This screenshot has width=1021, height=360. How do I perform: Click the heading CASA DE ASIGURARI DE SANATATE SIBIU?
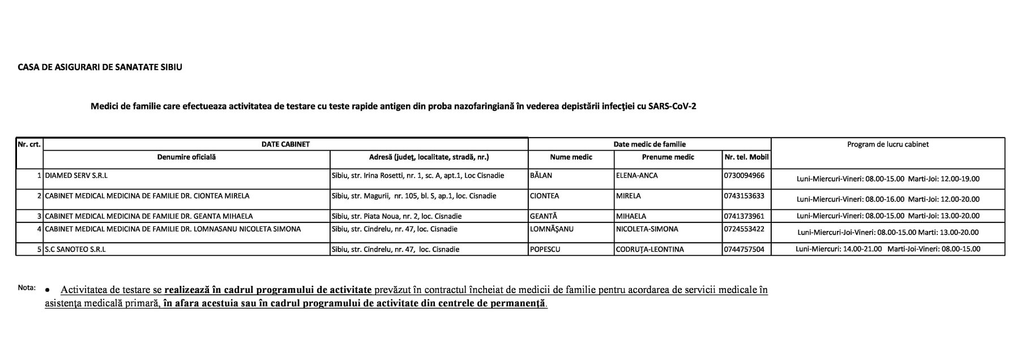(100, 67)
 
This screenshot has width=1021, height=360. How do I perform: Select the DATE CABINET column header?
(285, 144)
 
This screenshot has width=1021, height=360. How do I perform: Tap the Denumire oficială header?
(186, 157)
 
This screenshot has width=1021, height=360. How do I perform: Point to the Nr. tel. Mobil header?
(746, 157)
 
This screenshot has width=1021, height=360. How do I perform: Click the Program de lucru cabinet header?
(887, 144)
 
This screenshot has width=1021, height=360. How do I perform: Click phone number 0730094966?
(744, 175)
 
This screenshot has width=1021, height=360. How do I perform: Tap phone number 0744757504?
(744, 249)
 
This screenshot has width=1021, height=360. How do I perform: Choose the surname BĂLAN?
(541, 175)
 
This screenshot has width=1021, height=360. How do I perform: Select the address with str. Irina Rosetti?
(417, 175)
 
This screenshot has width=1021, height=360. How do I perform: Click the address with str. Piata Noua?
(396, 216)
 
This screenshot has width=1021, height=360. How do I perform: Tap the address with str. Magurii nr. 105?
(414, 196)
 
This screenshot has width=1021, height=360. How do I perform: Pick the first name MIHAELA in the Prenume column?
(631, 216)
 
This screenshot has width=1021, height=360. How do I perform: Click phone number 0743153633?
(744, 196)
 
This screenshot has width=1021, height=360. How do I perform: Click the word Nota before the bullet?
(27, 288)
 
